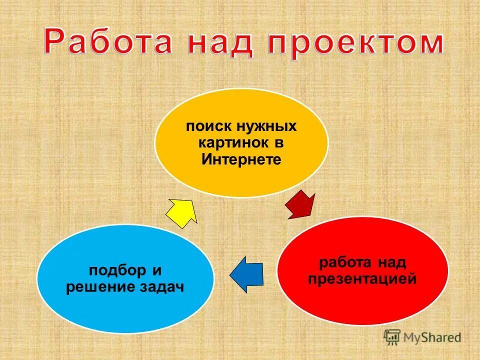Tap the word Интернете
[x=241, y=160]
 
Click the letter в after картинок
[x=278, y=143]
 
